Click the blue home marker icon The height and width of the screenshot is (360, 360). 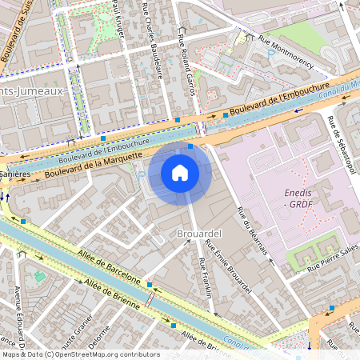tap(180, 173)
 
